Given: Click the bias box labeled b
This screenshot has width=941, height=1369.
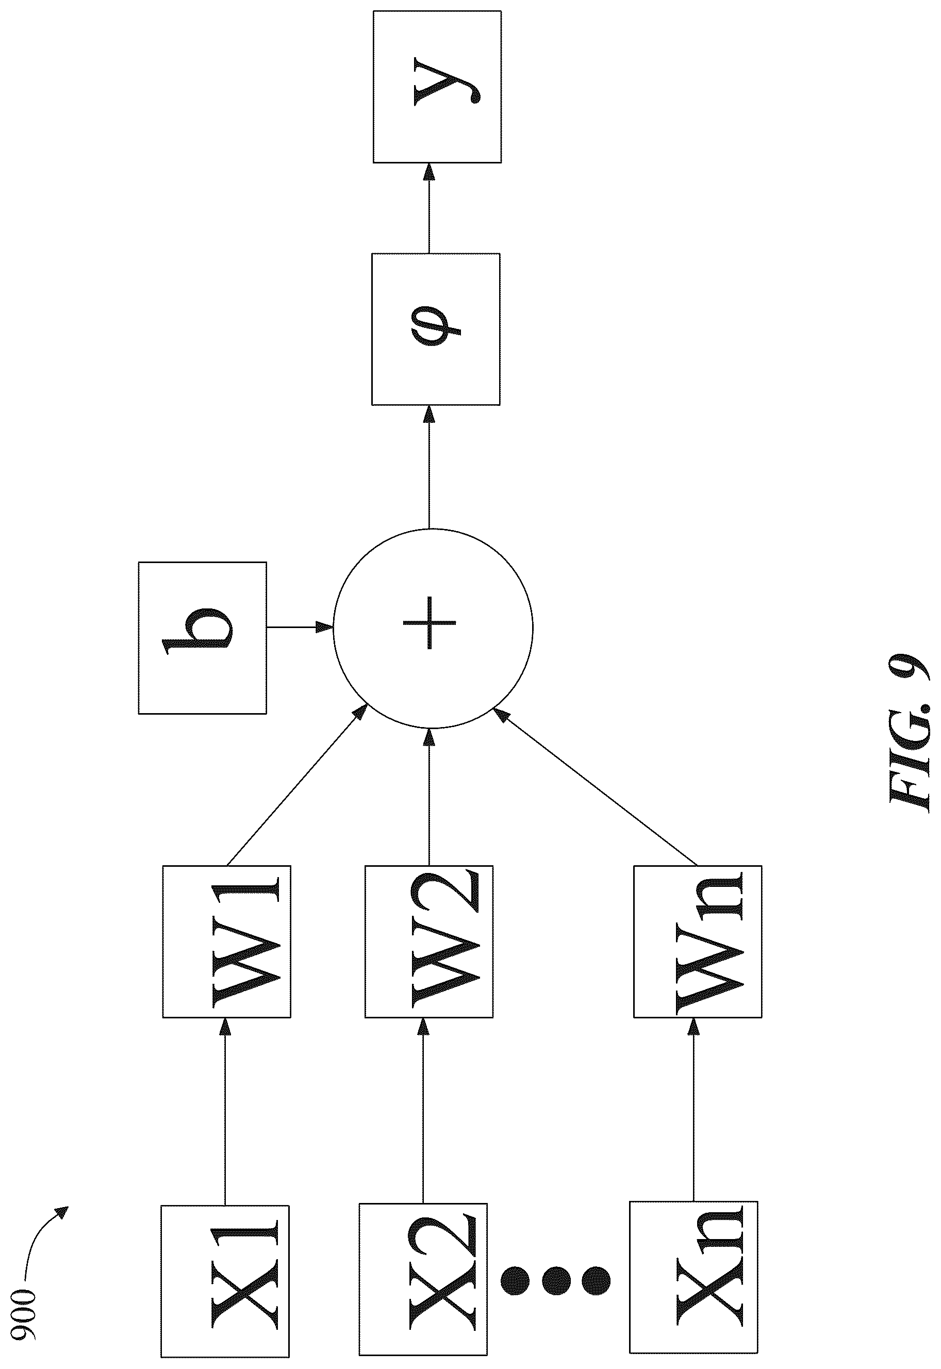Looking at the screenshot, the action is [x=202, y=638].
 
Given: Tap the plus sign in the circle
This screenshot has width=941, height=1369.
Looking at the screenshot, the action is [x=429, y=622].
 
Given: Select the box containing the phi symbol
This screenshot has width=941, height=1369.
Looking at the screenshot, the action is [x=436, y=329].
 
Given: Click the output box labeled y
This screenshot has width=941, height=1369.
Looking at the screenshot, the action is [x=437, y=86].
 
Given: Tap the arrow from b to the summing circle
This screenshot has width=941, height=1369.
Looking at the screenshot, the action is [x=300, y=628].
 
